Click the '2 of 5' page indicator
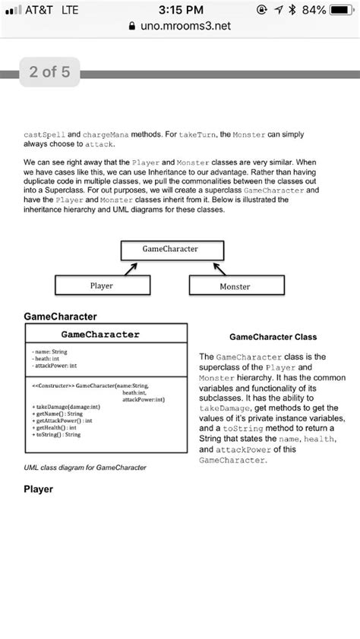(x=49, y=73)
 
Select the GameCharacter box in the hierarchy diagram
(x=171, y=250)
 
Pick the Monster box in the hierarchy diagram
(x=235, y=286)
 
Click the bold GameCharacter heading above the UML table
(x=61, y=315)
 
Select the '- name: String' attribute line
(x=50, y=352)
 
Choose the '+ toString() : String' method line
(x=58, y=434)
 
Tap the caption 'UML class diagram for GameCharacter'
(x=85, y=467)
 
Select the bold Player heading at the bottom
(x=38, y=489)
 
